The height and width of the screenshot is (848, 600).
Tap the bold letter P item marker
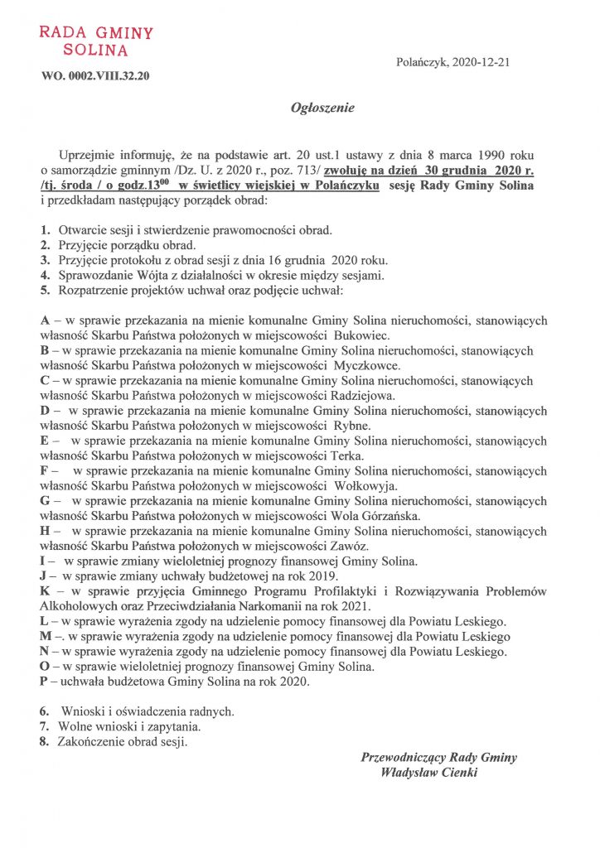click(44, 682)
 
